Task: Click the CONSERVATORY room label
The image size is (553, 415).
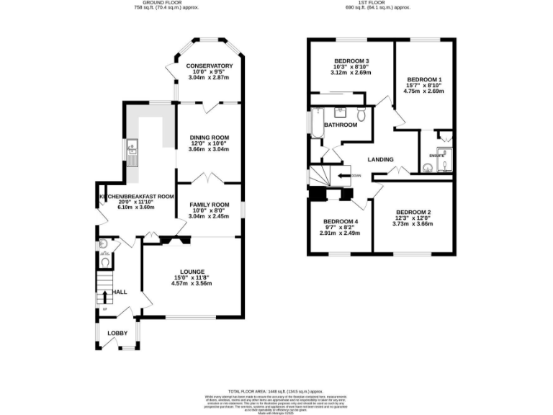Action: tap(209, 66)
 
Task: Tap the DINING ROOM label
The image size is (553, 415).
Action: tap(209, 138)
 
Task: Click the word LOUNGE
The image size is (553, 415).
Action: tap(192, 272)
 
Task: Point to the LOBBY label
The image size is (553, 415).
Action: tap(117, 333)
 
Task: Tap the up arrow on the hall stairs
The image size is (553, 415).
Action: tap(104, 292)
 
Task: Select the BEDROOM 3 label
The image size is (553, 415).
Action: tap(351, 61)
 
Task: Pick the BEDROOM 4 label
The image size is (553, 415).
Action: tap(340, 221)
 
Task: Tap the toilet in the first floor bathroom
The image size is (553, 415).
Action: tap(362, 115)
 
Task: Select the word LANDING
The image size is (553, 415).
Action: tap(379, 160)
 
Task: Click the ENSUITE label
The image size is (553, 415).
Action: tap(436, 155)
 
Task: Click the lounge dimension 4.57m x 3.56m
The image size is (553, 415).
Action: tap(192, 283)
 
